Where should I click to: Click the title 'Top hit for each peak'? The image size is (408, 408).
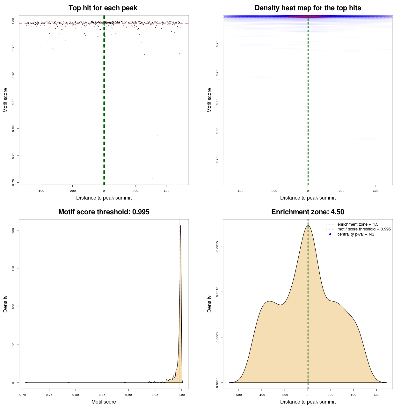[x=103, y=8]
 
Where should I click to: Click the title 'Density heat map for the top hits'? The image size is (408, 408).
[x=308, y=8]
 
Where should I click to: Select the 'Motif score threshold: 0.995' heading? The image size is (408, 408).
[x=104, y=212]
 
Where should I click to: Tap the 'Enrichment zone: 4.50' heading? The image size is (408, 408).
[x=308, y=212]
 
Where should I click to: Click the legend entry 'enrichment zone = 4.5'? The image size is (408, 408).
[x=358, y=224]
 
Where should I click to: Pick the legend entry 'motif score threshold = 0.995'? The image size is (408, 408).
[x=364, y=229]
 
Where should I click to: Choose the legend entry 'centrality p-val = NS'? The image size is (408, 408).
[x=356, y=234]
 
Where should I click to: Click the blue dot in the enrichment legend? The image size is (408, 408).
[x=330, y=234]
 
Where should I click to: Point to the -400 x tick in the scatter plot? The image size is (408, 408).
[x=41, y=191]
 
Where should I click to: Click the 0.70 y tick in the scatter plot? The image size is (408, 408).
[x=13, y=182]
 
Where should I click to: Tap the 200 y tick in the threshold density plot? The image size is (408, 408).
[x=13, y=231]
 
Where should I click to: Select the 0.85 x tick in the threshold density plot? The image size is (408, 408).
[x=102, y=395]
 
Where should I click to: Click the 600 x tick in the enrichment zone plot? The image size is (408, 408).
[x=376, y=395]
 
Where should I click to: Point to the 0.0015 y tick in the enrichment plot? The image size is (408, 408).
[x=217, y=246]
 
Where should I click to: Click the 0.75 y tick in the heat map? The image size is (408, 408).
[x=217, y=160]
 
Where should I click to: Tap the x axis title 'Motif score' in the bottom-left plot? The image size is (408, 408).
[x=104, y=402]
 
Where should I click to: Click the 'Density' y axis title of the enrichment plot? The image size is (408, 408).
[x=209, y=304]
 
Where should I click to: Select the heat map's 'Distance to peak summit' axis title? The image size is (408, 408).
[x=308, y=198]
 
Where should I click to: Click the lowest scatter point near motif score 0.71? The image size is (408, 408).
[x=153, y=178]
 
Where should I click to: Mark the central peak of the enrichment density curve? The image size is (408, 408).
[x=308, y=226]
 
